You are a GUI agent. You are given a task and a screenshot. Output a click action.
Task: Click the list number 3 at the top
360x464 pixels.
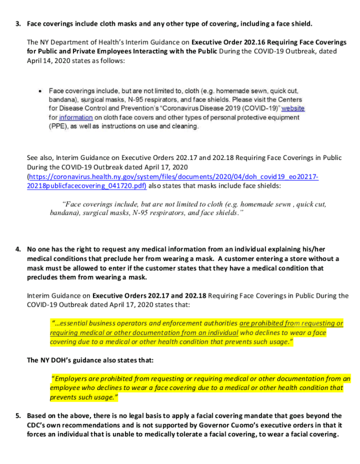click(18, 24)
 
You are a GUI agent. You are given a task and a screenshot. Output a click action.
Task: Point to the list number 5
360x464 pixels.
click(18, 415)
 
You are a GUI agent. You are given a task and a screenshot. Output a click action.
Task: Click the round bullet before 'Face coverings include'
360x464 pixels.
click(40, 91)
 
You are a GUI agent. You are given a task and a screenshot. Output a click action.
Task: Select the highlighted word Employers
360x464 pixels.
click(73, 379)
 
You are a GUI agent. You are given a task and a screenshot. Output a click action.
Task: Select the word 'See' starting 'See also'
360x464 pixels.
click(33, 158)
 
